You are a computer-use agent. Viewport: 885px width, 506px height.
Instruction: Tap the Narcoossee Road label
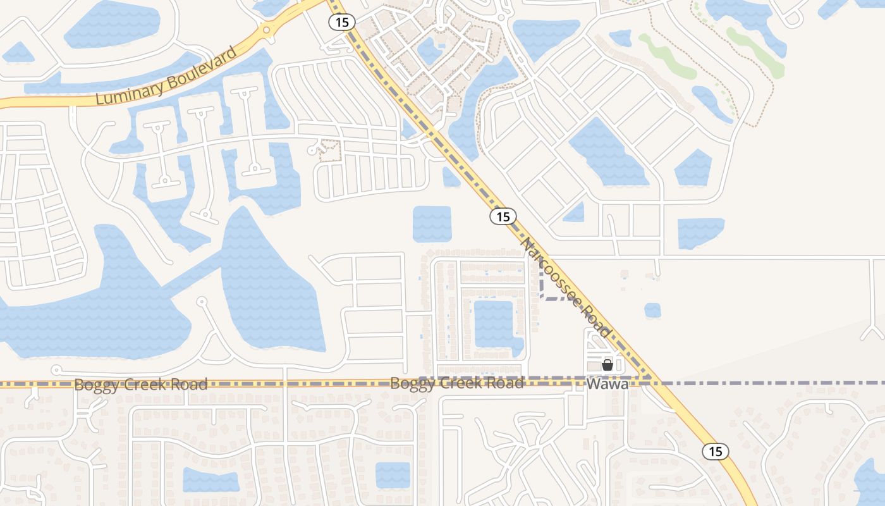click(x=566, y=288)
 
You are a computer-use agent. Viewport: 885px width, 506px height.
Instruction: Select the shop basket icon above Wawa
click(x=607, y=365)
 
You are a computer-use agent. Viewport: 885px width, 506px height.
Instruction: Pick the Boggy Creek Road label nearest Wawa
click(x=456, y=383)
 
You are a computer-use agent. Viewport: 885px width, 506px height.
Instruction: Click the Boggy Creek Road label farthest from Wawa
click(x=140, y=384)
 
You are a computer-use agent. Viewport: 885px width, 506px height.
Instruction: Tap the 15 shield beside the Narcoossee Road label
click(x=503, y=217)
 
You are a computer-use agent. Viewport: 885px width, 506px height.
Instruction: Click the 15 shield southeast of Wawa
click(x=715, y=452)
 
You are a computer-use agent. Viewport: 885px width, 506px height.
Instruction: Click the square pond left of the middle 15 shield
click(x=432, y=224)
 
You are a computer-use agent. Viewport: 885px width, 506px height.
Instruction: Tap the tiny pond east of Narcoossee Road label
click(x=652, y=310)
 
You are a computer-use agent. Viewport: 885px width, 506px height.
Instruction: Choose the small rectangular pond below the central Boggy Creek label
click(x=393, y=475)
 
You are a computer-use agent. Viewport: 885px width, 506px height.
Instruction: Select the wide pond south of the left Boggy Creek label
click(x=211, y=480)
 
